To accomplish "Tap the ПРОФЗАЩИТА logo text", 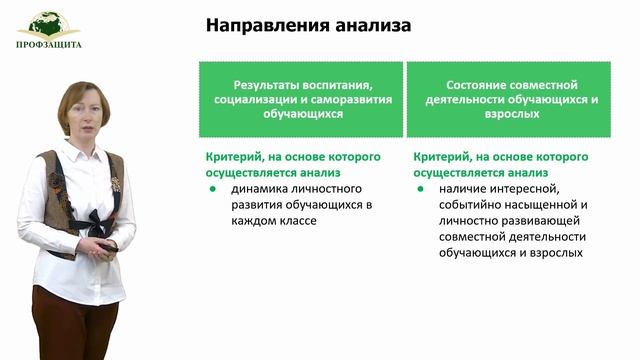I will pyautogui.click(x=49, y=44).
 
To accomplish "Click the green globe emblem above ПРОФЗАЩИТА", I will pyautogui.click(x=48, y=23).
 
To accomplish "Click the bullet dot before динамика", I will pyautogui.click(x=212, y=189).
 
